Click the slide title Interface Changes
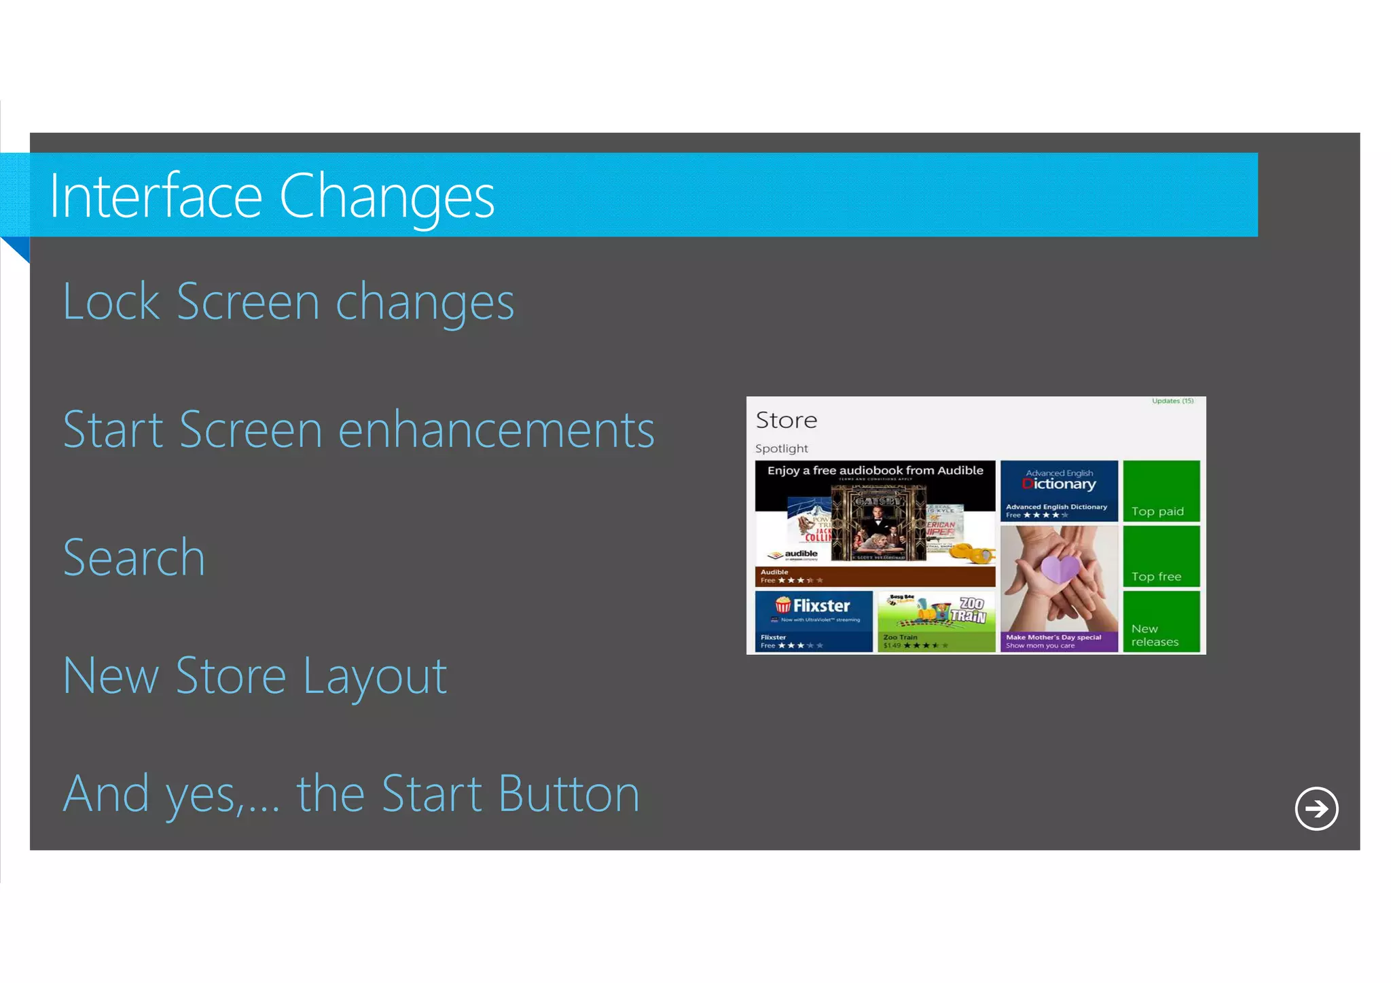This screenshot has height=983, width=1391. tap(272, 196)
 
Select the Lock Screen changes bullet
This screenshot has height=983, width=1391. tap(289, 302)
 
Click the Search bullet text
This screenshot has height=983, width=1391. tap(134, 558)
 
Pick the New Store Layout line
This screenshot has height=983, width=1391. tap(255, 676)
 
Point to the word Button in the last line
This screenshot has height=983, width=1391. tap(568, 793)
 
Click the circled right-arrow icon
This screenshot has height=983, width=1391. tap(1316, 808)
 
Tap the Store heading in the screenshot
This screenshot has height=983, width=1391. tap(786, 420)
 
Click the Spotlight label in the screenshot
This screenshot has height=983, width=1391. tap(781, 448)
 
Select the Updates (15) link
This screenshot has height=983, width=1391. tap(1172, 401)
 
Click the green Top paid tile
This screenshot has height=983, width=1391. tap(1161, 490)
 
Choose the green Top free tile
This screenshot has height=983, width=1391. tap(1161, 556)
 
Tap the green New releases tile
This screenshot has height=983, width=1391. tap(1161, 621)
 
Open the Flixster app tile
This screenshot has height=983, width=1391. tap(813, 621)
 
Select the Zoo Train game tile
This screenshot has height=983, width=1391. tap(935, 621)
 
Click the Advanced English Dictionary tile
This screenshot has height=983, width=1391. tap(1058, 490)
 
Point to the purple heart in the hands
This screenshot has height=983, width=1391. tap(1060, 568)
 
